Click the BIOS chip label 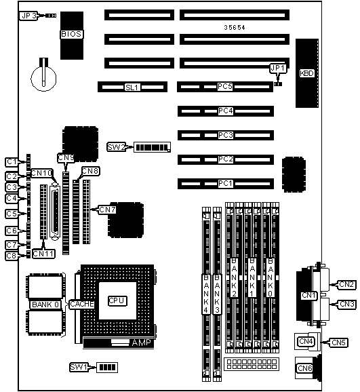pyautogui.click(x=71, y=34)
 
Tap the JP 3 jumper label pyautogui.click(x=29, y=16)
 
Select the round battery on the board pyautogui.click(x=43, y=78)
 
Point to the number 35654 pyautogui.click(x=235, y=28)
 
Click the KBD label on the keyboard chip pyautogui.click(x=306, y=73)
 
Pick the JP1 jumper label pyautogui.click(x=278, y=68)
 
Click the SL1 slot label pyautogui.click(x=132, y=87)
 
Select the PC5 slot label pyautogui.click(x=225, y=87)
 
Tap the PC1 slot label pyautogui.click(x=226, y=184)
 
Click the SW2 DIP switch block pyautogui.click(x=153, y=147)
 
